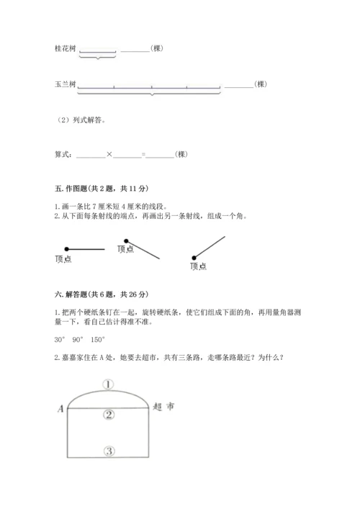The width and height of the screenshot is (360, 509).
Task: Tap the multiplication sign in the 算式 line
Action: (109, 154)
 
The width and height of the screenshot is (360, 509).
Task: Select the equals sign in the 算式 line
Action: (143, 154)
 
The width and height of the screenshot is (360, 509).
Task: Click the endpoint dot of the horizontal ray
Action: (65, 249)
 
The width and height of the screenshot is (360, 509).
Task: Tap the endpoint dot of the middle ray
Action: (127, 241)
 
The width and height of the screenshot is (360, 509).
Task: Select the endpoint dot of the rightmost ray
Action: (194, 256)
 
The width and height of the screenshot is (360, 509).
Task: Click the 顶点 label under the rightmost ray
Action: (199, 267)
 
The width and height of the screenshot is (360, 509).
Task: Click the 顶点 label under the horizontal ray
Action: (63, 259)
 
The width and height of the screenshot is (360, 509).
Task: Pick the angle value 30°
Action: (60, 339)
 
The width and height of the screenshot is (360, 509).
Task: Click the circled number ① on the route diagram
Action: (108, 384)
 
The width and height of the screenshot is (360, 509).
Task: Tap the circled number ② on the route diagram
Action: (109, 414)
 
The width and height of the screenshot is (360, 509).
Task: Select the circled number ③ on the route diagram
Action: (109, 451)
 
